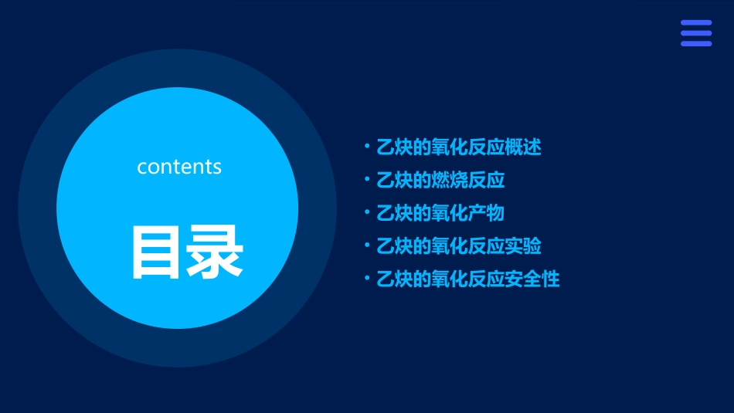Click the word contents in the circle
coord(179,167)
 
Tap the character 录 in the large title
coord(210,252)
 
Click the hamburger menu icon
coord(695,33)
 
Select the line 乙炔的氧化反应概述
coord(458,147)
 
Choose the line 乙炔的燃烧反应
coord(440,180)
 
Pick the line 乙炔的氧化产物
coord(440,213)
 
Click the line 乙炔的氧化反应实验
coord(458,246)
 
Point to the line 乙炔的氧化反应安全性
coord(467,279)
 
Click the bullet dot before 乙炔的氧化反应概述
coord(367,145)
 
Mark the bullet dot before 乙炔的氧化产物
coord(367,212)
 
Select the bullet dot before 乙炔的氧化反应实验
coord(367,245)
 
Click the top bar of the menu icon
coord(695,23)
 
